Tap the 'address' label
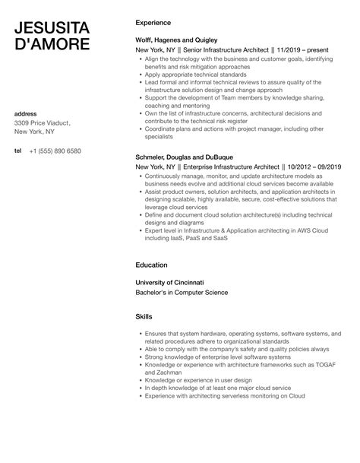pos(26,114)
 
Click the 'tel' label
pos(18,151)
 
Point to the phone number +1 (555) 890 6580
pos(55,151)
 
